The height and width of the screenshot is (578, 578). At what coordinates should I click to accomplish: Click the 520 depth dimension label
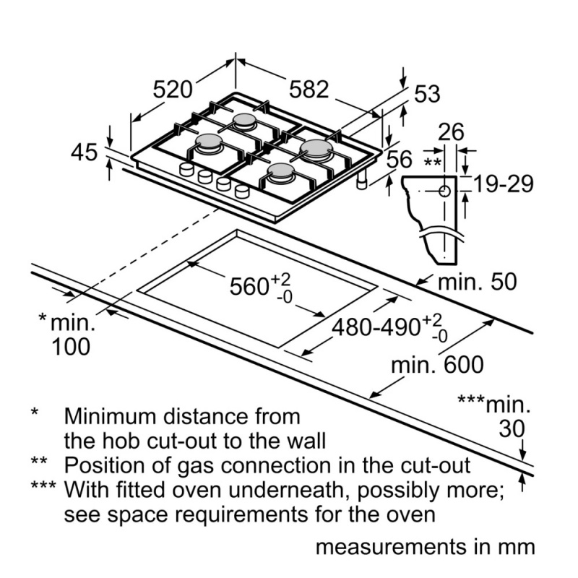tap(173, 90)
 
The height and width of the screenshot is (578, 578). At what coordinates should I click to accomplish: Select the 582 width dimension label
tap(309, 90)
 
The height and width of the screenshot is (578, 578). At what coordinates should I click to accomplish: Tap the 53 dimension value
tap(427, 94)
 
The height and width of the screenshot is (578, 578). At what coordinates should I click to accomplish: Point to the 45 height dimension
tap(84, 152)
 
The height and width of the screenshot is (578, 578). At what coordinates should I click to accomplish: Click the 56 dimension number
tap(400, 160)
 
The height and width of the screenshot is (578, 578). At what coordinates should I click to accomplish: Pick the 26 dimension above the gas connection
tap(451, 132)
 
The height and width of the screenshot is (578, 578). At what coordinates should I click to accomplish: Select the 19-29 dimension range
tap(504, 184)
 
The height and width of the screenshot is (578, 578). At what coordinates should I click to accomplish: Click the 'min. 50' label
tap(478, 282)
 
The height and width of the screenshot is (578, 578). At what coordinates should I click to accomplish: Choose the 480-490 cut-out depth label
tap(389, 327)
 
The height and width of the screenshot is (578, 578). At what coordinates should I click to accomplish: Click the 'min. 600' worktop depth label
tap(437, 365)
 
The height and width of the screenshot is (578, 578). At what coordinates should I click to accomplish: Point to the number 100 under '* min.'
tap(71, 347)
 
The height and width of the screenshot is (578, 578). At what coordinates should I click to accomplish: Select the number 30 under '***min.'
tap(512, 428)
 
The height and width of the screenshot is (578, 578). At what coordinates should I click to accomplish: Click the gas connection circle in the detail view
tap(445, 191)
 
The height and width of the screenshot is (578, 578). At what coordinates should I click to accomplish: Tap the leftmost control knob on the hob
tap(186, 170)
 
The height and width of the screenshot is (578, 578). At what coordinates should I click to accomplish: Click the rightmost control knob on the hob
tap(242, 191)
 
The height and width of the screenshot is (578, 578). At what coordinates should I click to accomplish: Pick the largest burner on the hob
tap(314, 149)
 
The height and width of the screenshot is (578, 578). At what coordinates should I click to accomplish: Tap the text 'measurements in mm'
tap(426, 547)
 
